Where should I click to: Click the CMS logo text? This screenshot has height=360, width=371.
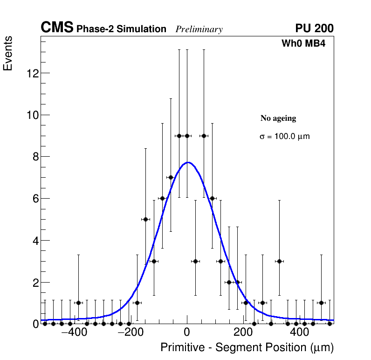click(x=57, y=28)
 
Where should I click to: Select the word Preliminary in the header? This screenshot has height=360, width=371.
click(x=199, y=29)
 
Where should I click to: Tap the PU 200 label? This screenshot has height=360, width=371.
click(x=314, y=28)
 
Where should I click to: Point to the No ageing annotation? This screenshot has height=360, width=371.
click(x=278, y=118)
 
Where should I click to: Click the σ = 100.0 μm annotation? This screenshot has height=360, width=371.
click(x=284, y=137)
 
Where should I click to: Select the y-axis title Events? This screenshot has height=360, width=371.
click(x=8, y=54)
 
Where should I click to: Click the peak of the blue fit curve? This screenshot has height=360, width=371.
click(x=187, y=162)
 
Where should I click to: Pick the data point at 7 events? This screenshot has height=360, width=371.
click(x=171, y=177)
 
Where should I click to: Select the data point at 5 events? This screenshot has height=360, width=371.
click(x=145, y=219)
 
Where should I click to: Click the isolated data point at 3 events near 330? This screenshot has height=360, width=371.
click(x=279, y=261)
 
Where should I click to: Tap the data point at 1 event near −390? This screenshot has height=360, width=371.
click(x=78, y=303)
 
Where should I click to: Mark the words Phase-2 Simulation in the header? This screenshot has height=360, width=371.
click(x=121, y=29)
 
